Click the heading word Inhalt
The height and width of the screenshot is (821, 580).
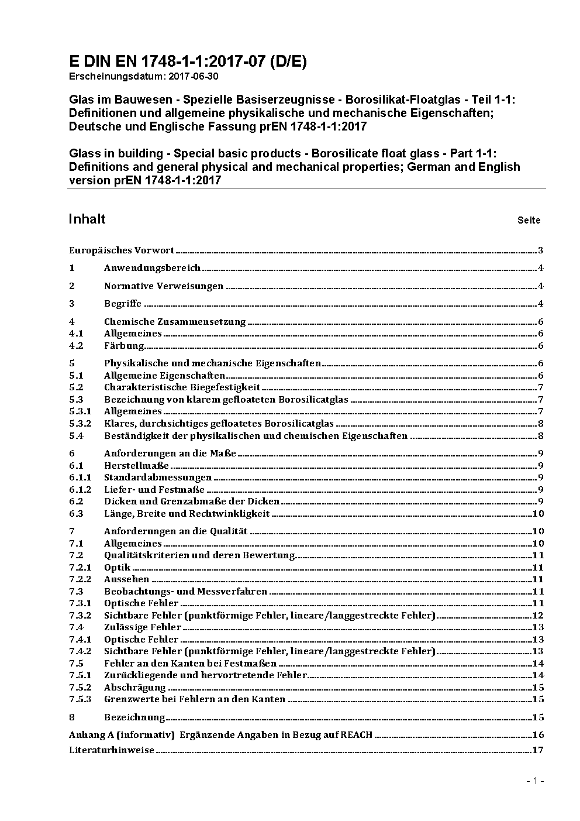pyautogui.click(x=87, y=219)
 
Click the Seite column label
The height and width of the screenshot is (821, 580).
pyautogui.click(x=529, y=221)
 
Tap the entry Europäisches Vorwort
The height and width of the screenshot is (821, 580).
pyautogui.click(x=122, y=250)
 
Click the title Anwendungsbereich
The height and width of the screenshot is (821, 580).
pyautogui.click(x=152, y=268)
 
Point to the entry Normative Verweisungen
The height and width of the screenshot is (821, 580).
pyautogui.click(x=164, y=286)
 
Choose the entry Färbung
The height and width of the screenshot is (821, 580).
pyautogui.click(x=124, y=345)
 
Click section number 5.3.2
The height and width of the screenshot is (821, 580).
pyautogui.click(x=80, y=423)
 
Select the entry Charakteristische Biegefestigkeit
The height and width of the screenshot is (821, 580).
pyautogui.click(x=182, y=387)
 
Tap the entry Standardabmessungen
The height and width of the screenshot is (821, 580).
pyautogui.click(x=158, y=478)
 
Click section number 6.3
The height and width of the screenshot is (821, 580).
pyautogui.click(x=76, y=513)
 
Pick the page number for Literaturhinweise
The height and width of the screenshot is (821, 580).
pyautogui.click(x=538, y=750)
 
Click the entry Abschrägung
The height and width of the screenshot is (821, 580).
pyautogui.click(x=134, y=687)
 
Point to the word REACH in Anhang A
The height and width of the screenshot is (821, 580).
pyautogui.click(x=357, y=734)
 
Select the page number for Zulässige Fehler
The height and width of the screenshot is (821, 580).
pyautogui.click(x=538, y=627)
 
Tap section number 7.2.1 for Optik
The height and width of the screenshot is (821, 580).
pyautogui.click(x=80, y=567)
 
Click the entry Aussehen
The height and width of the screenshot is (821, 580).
pyautogui.click(x=126, y=579)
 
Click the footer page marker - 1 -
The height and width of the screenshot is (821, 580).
pyautogui.click(x=535, y=781)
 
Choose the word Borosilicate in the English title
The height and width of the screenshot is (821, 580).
pyautogui.click(x=346, y=153)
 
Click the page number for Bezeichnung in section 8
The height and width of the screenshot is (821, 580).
pyautogui.click(x=538, y=717)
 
